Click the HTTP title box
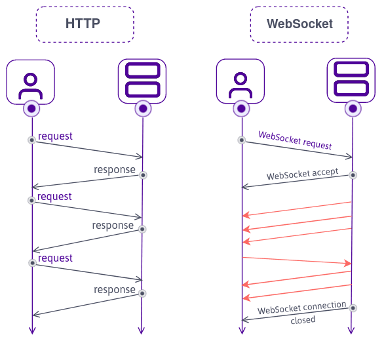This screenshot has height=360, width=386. pyautogui.click(x=85, y=24)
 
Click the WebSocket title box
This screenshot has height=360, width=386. pyautogui.click(x=299, y=24)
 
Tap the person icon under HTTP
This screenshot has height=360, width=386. pyautogui.click(x=30, y=81)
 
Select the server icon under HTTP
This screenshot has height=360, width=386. pyautogui.click(x=142, y=80)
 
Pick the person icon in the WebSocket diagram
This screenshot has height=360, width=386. pyautogui.click(x=241, y=81)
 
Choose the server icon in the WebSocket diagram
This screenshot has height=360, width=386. pyautogui.click(x=353, y=80)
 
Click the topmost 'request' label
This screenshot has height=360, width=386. pyautogui.click(x=55, y=136)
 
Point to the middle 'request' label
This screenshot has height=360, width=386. pyautogui.click(x=54, y=197)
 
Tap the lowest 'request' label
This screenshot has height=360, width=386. pyautogui.click(x=55, y=258)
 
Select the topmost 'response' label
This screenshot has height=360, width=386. pyautogui.click(x=114, y=170)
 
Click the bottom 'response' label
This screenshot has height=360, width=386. pyautogui.click(x=114, y=290)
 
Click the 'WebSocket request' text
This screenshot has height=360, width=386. pyautogui.click(x=295, y=140)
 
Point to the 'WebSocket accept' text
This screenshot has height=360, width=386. pyautogui.click(x=302, y=174)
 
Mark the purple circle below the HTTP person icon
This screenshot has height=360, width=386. pyautogui.click(x=31, y=108)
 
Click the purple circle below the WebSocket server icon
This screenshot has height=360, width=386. pyautogui.click(x=353, y=108)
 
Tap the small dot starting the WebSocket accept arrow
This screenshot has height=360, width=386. pyautogui.click(x=353, y=175)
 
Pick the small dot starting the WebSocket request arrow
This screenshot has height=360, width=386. pyautogui.click(x=241, y=140)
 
